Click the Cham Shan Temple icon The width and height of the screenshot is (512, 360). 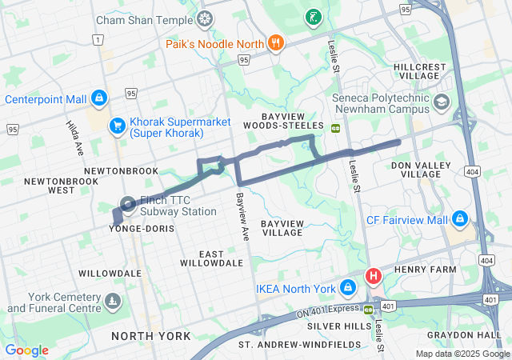(x=206, y=18)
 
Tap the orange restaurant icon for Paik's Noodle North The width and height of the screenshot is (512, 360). (x=276, y=43)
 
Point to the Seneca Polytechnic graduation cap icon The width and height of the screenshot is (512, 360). (x=442, y=102)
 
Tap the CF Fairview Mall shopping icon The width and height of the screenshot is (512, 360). (x=459, y=218)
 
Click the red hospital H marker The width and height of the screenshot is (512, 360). (x=373, y=277)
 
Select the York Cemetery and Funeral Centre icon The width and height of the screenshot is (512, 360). (x=113, y=302)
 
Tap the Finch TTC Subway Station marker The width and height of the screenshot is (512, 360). (x=127, y=205)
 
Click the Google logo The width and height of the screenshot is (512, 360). (x=26, y=350)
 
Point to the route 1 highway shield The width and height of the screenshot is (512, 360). (x=98, y=39)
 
